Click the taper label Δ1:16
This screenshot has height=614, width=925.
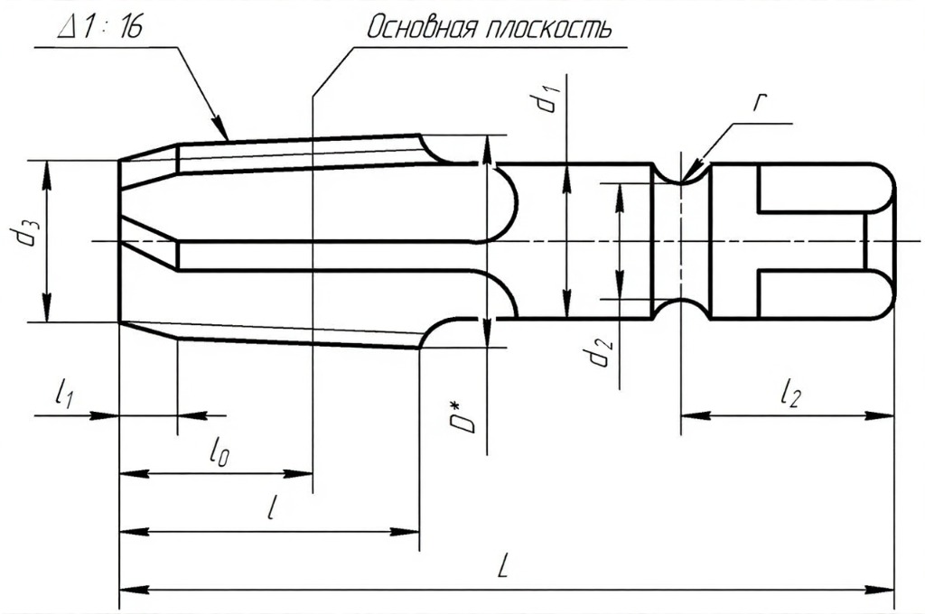[x=98, y=27]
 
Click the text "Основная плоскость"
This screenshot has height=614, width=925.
[x=488, y=28]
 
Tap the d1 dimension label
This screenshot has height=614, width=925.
[x=545, y=98]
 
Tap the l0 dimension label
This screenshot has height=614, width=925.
[x=217, y=451]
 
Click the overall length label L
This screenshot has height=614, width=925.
[x=506, y=567]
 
